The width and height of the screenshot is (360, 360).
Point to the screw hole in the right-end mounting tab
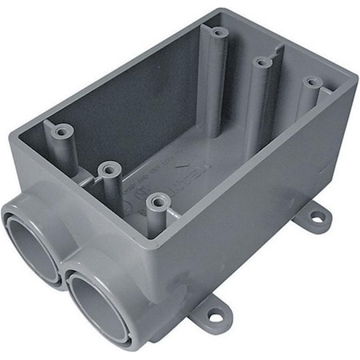pyautogui.click(x=317, y=215)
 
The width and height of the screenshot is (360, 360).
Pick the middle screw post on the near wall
pyautogui.click(x=110, y=169)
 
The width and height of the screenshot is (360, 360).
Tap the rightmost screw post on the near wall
pyautogui.click(x=158, y=200)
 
